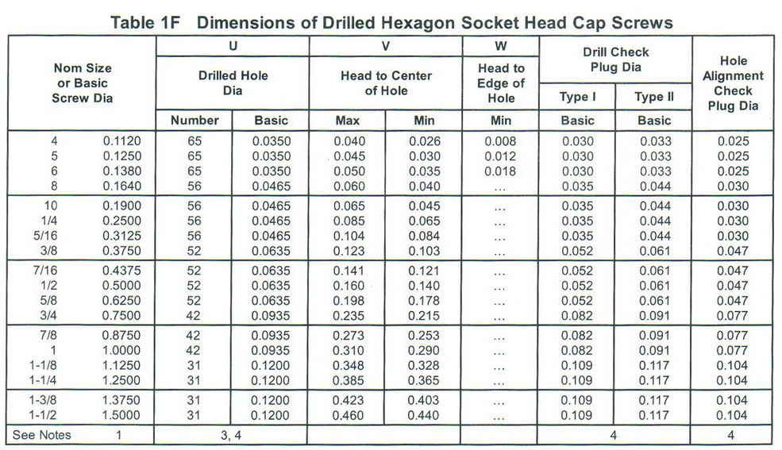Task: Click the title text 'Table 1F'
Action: coord(147,21)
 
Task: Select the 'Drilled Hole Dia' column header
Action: coord(233,83)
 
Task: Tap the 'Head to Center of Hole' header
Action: coord(386,83)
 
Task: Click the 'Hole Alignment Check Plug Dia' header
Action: coord(732,83)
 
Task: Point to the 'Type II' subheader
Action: coord(654,98)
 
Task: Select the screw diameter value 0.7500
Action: coord(121,316)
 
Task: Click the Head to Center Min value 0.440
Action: coord(425,415)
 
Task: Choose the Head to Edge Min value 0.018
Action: coord(501,171)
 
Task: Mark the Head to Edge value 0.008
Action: coord(501,141)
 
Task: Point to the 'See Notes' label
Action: coord(42,434)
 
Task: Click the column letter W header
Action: coord(500,45)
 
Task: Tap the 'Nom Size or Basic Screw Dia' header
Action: coord(83,83)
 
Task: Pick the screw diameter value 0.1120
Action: coord(121,141)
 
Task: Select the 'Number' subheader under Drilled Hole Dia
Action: coord(195,121)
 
